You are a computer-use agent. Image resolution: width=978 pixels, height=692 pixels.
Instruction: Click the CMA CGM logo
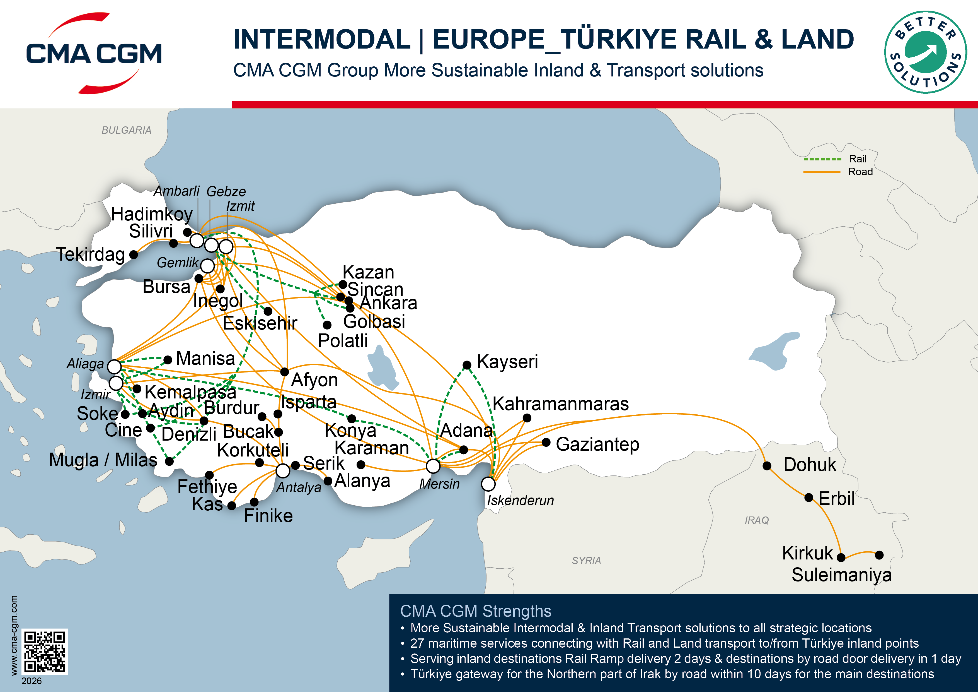[x=94, y=53]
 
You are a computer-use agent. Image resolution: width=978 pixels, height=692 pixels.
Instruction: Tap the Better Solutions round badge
[x=925, y=52]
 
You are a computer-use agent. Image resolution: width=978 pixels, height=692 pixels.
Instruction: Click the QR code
[x=44, y=652]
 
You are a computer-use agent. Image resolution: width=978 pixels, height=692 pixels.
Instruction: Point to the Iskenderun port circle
[x=488, y=484]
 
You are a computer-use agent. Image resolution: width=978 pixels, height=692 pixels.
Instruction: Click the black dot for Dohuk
[x=767, y=466]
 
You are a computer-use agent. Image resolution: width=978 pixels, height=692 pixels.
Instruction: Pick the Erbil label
[x=836, y=498]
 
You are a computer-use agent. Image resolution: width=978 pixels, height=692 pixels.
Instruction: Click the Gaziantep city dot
[x=546, y=443]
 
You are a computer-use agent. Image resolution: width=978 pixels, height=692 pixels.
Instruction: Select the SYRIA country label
[x=586, y=561]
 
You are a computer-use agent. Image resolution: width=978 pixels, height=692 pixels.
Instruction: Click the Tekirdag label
[x=90, y=254]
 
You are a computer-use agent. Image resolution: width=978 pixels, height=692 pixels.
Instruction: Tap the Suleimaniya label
[x=841, y=575]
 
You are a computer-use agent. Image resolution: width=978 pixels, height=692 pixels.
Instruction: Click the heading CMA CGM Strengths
[x=475, y=611]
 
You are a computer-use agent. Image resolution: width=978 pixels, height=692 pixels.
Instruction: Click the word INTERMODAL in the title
[x=322, y=39]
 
